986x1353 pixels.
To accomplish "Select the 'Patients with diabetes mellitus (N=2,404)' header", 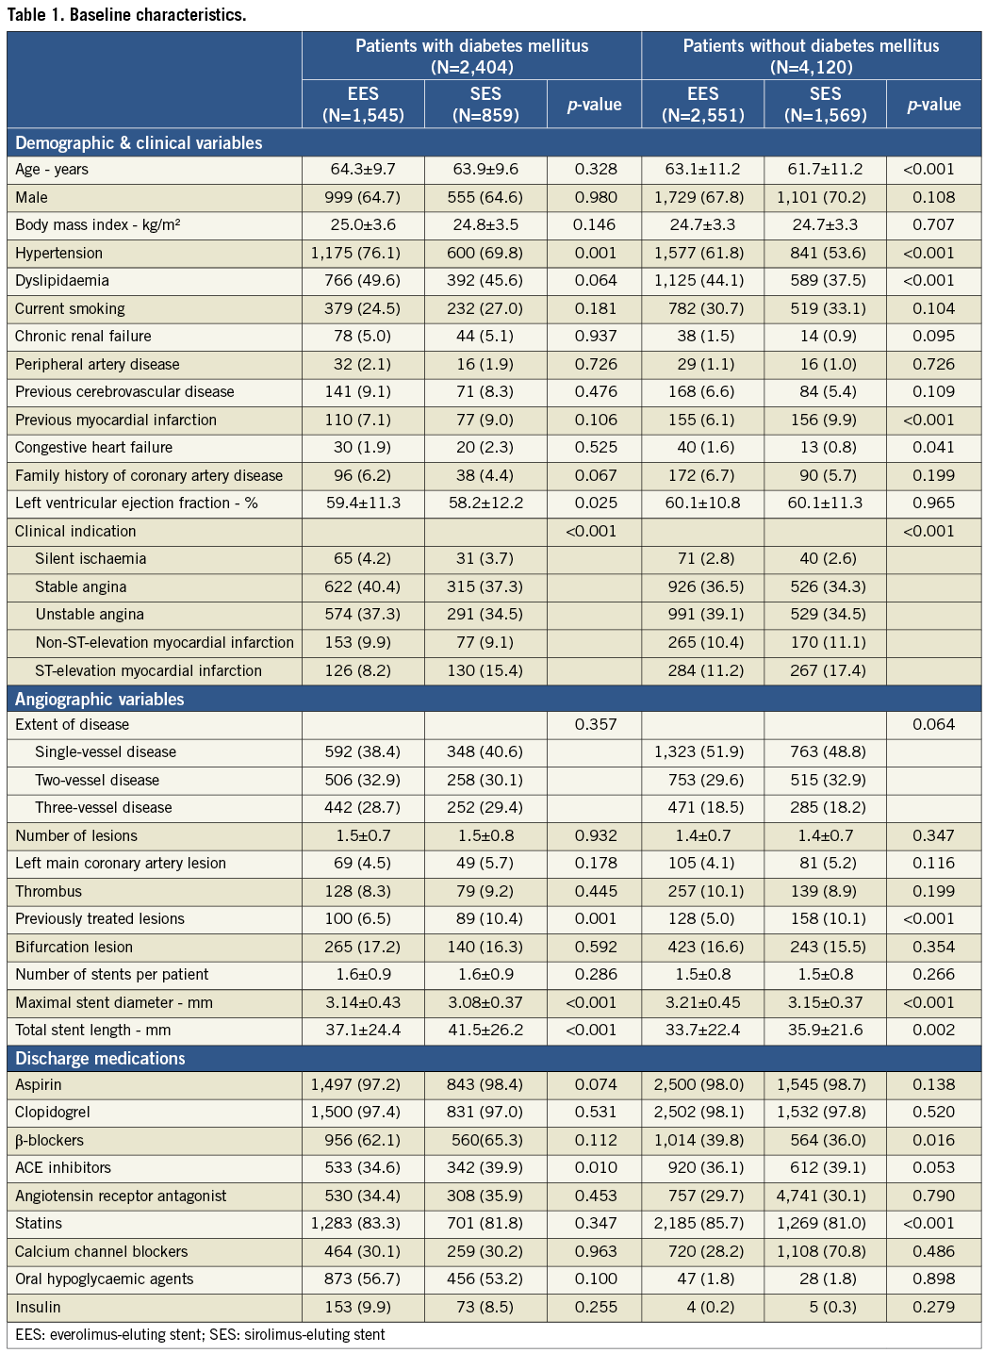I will (x=471, y=56).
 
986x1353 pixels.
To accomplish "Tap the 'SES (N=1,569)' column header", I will (x=825, y=104).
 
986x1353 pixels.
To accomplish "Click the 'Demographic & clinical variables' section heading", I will (x=139, y=143).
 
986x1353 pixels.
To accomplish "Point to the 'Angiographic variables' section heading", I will (x=100, y=699).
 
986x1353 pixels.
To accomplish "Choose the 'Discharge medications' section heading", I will (x=100, y=1058).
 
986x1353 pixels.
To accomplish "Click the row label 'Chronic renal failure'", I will (x=83, y=337).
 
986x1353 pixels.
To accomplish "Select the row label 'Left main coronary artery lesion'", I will (x=121, y=863).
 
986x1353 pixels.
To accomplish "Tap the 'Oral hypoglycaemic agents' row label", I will (x=105, y=1279).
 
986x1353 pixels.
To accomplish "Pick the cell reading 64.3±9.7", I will (x=363, y=170).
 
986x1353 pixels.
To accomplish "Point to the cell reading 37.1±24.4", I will (x=363, y=1031).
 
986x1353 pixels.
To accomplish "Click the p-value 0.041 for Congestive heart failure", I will (x=933, y=448).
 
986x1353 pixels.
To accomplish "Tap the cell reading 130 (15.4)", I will (x=485, y=671).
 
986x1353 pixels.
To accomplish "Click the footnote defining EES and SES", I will (x=200, y=1335).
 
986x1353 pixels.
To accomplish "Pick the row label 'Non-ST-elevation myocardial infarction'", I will (x=165, y=643).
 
